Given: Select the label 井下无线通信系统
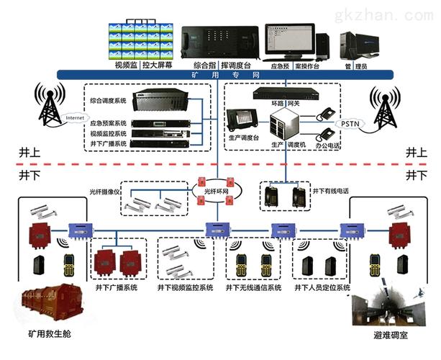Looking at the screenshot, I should pos(252,287).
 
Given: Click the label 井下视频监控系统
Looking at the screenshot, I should pos(185,287).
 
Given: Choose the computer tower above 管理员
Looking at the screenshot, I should pos(358,45).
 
